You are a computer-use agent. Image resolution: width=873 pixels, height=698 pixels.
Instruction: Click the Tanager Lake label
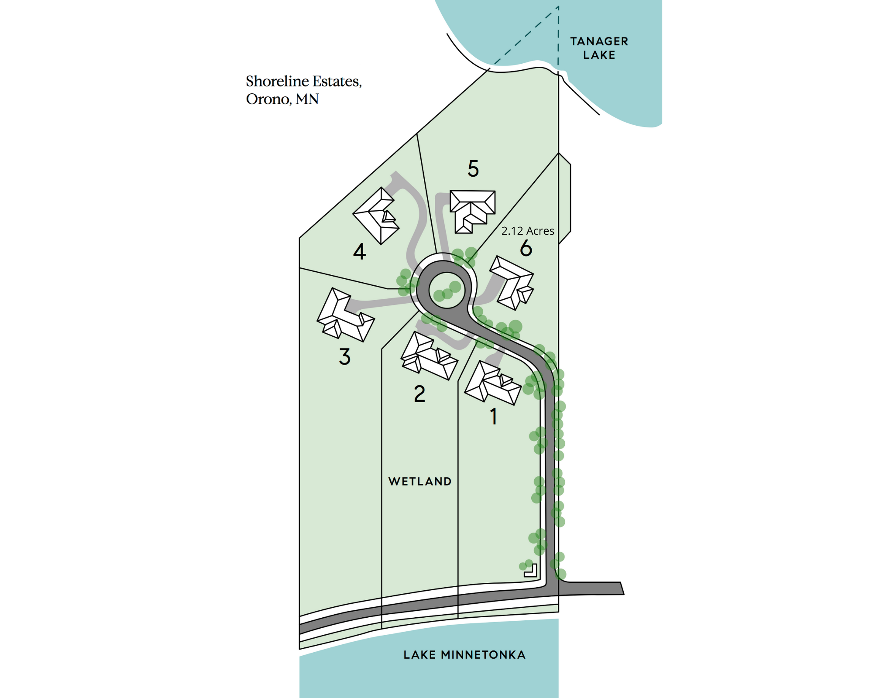pos(599,48)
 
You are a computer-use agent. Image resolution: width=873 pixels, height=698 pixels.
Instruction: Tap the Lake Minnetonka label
pos(464,655)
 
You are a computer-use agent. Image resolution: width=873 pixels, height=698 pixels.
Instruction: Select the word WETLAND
pos(420,482)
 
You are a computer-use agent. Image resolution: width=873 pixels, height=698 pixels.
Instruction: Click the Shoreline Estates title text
pos(304,82)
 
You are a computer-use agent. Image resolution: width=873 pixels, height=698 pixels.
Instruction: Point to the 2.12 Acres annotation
pos(528,231)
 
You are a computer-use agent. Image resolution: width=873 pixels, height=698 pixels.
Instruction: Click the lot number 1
pos(494,417)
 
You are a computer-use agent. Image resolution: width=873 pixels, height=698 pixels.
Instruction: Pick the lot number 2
pos(419,394)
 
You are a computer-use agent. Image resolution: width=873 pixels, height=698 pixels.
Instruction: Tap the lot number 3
pos(345,356)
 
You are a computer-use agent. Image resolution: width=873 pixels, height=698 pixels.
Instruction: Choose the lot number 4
pos(359,252)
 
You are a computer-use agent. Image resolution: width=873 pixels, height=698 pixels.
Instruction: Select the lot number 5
pos(473,168)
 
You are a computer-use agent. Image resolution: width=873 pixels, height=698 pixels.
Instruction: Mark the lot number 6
pos(526,248)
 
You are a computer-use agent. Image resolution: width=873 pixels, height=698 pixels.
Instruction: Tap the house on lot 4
pos(376,216)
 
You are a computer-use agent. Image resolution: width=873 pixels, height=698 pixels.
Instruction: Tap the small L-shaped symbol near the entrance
pos(531,571)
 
